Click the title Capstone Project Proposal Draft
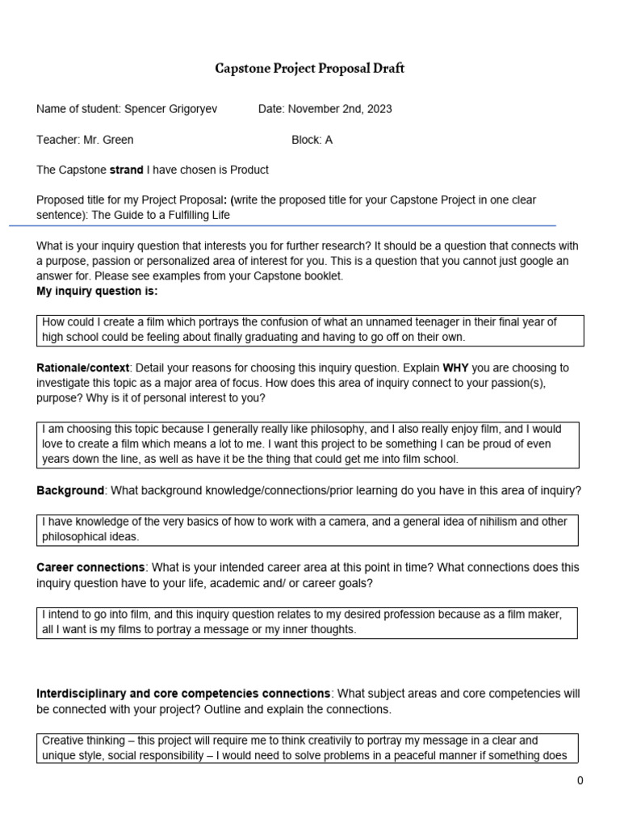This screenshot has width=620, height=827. point(310,69)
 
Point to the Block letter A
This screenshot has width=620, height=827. point(329,140)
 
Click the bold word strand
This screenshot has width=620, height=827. point(127,170)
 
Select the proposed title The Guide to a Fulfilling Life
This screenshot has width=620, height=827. point(161,215)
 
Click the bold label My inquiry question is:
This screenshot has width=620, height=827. point(97,291)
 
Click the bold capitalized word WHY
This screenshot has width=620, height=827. point(457,367)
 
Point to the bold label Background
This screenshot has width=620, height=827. point(70,490)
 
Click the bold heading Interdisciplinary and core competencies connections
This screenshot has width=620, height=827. point(183,694)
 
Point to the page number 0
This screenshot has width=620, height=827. point(580,780)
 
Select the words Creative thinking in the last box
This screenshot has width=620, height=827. point(81,741)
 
